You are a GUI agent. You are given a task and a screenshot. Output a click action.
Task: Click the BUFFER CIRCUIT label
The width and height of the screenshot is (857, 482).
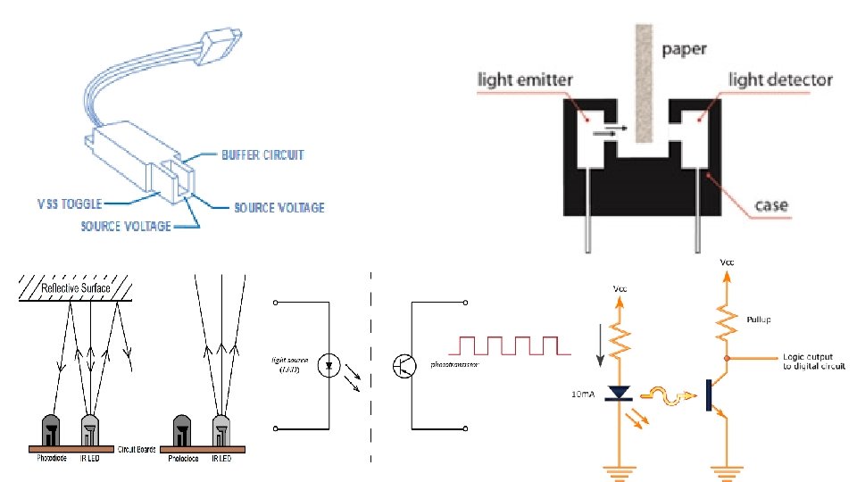(262, 155)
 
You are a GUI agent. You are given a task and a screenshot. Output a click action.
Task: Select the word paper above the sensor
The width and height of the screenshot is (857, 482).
(685, 49)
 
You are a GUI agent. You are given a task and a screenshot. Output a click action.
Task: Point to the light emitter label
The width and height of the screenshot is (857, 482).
(525, 80)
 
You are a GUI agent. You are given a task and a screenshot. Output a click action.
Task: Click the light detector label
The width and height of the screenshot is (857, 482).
(780, 80)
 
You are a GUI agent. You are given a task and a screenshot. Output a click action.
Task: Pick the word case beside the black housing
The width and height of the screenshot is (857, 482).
(771, 205)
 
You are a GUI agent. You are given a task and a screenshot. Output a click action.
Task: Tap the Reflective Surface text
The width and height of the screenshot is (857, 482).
(78, 288)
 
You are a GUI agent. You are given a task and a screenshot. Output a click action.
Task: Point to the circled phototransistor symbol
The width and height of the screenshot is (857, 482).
(404, 364)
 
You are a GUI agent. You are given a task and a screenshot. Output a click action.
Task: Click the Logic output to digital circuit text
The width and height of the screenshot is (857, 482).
(812, 361)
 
